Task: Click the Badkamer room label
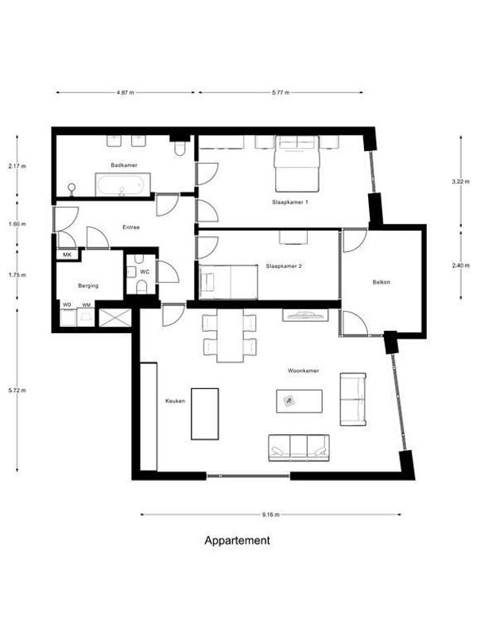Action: [125, 165]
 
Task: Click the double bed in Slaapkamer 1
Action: [297, 164]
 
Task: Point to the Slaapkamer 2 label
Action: [284, 266]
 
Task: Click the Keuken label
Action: [175, 401]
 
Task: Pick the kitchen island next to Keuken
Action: [204, 413]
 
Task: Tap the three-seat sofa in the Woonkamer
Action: [299, 447]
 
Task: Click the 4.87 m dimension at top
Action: [125, 92]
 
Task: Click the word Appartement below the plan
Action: [238, 541]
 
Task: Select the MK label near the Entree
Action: [66, 255]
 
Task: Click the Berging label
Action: [87, 285]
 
